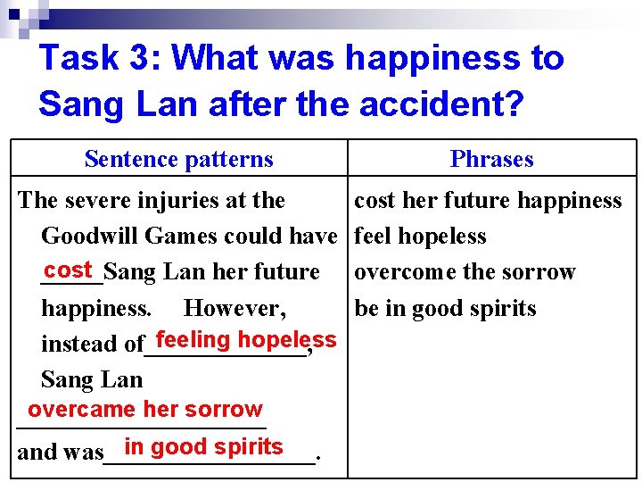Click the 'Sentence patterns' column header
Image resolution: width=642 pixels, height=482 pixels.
pyautogui.click(x=178, y=160)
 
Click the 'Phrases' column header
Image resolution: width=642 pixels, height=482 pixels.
pyautogui.click(x=491, y=160)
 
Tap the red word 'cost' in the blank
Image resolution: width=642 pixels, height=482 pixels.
pyautogui.click(x=70, y=270)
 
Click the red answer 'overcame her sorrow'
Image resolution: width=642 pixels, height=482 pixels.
pyautogui.click(x=145, y=410)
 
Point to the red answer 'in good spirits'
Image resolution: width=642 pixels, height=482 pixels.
pyautogui.click(x=204, y=447)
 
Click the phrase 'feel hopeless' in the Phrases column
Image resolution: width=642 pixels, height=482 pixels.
pyautogui.click(x=420, y=237)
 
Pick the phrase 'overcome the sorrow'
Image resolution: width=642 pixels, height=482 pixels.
pyautogui.click(x=465, y=272)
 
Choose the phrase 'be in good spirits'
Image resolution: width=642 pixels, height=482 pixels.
pyautogui.click(x=445, y=309)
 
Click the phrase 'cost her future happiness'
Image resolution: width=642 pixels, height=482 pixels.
pyautogui.click(x=488, y=201)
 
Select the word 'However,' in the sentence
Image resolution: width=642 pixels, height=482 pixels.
pyautogui.click(x=235, y=309)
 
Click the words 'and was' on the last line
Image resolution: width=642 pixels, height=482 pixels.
pyautogui.click(x=60, y=452)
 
